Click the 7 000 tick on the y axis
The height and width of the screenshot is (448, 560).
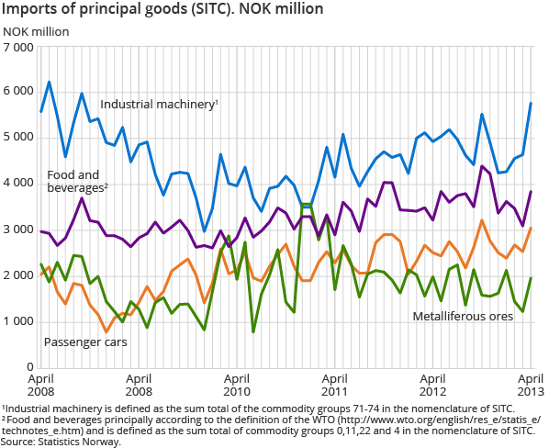pos(19,46)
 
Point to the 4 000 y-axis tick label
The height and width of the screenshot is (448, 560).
pos(19,183)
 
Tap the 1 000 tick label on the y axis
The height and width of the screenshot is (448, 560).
pos(19,320)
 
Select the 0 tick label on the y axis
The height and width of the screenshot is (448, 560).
pos(29,366)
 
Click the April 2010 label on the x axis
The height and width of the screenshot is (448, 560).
pos(237,384)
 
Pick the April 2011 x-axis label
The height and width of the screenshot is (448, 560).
pos(336,384)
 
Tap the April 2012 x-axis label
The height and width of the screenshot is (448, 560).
pos(434,384)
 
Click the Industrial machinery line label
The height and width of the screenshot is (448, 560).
pos(159,105)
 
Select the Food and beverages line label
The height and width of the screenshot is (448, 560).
pos(78,181)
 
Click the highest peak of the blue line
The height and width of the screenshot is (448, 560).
pos(49,82)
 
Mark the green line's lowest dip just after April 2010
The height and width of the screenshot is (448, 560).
pos(253,331)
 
